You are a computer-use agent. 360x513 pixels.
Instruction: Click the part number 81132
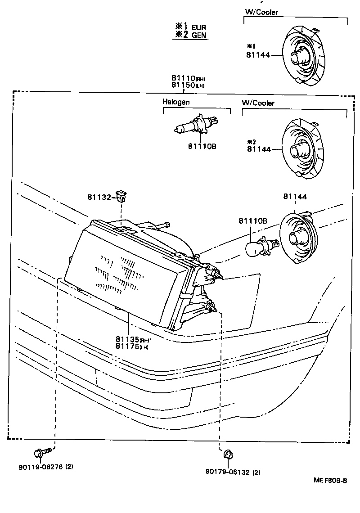coord(99,197)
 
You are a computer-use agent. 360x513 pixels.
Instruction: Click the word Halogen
coord(176,102)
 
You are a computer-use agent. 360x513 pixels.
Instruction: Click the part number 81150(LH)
coord(188,85)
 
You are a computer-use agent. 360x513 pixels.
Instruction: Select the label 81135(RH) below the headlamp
coord(132,339)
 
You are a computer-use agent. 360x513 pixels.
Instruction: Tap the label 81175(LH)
coord(132,346)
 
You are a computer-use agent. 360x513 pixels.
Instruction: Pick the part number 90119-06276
coord(45,467)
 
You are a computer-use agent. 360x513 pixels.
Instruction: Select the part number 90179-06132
coord(233,472)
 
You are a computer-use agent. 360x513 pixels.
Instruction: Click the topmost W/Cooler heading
coord(261,12)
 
